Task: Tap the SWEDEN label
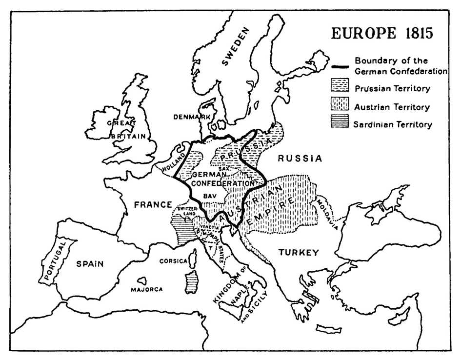236,47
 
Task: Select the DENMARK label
192,117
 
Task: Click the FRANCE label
153,204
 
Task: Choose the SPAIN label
90,264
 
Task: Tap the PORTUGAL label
54,264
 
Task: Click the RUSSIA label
300,159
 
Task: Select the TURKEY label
299,252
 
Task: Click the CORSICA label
173,261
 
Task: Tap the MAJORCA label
146,289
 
